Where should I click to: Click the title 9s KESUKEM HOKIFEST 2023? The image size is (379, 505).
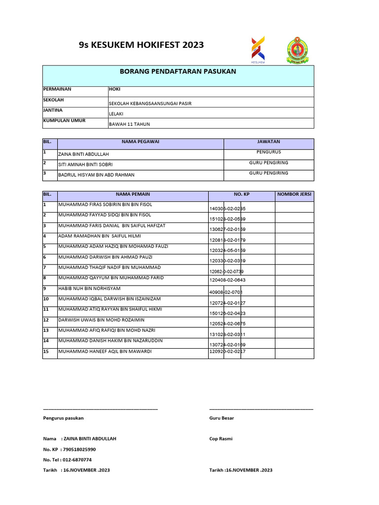coord(141,45)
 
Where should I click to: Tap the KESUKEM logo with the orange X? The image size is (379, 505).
coord(258,50)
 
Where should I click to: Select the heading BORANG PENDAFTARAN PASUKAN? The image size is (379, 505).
coord(178,72)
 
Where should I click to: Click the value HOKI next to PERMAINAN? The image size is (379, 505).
coord(114,89)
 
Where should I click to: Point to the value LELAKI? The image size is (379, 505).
coord(116,114)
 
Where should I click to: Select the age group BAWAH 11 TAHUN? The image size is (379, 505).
coord(129,125)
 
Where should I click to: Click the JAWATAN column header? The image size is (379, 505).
coord(268,142)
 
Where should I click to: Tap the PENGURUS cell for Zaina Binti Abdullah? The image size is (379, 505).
coord(268,152)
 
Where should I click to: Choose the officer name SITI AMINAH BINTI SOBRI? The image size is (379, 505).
coord(89,165)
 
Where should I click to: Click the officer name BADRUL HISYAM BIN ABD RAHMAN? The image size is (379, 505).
coord(96,175)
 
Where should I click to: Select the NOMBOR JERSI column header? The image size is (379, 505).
coord(294,194)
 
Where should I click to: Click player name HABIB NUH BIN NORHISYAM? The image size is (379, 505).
coord(89,289)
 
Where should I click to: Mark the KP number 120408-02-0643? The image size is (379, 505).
coord(227,280)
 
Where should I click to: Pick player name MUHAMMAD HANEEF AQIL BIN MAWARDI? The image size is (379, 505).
coord(105,352)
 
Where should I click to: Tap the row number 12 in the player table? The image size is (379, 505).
coord(46,320)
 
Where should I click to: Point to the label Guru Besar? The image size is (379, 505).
coord(222,418)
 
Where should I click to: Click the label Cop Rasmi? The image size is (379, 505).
coord(221,439)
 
